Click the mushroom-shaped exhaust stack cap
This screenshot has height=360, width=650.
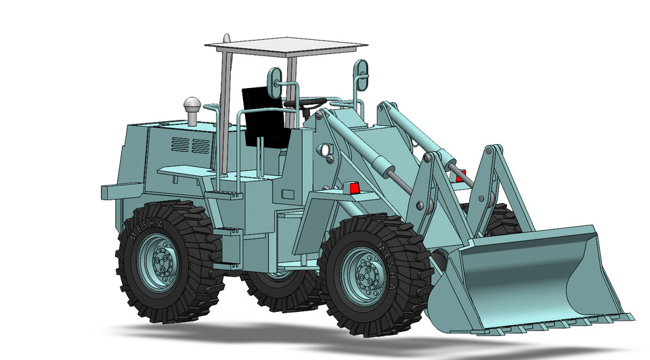click(x=192, y=106)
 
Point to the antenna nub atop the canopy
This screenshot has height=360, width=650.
click(x=227, y=37)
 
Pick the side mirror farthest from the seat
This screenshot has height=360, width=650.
click(x=361, y=74)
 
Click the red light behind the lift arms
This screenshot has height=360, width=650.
click(x=461, y=175)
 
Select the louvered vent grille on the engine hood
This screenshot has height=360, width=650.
click(x=190, y=145)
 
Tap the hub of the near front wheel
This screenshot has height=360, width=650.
click(x=367, y=275)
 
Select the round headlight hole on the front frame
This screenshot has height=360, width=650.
click(x=324, y=149)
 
